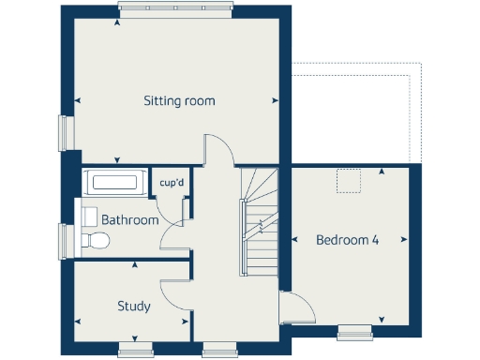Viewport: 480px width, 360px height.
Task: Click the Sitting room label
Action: (179, 100)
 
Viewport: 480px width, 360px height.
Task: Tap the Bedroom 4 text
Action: (347, 240)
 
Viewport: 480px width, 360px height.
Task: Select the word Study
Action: (133, 306)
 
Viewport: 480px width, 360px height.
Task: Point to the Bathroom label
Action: (130, 219)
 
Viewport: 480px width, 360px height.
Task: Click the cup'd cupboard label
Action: (172, 183)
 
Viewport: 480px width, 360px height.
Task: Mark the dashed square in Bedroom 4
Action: (349, 181)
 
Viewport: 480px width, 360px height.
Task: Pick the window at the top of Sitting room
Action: (175, 9)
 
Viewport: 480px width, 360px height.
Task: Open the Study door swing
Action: (174, 296)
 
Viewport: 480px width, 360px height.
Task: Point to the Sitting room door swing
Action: (217, 150)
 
